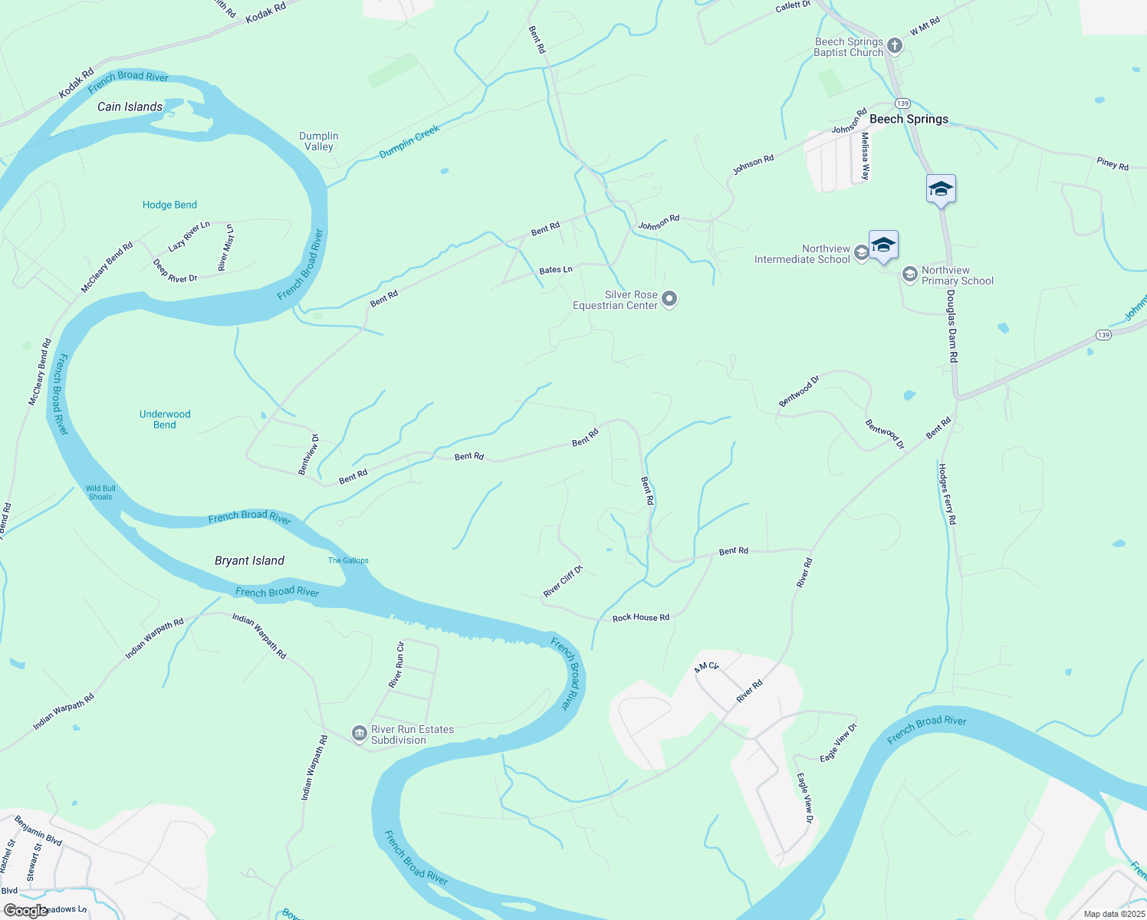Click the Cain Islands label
pyautogui.click(x=130, y=107)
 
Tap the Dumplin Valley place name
pyautogui.click(x=319, y=141)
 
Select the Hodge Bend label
pyautogui.click(x=169, y=205)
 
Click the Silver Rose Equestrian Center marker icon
pyautogui.click(x=669, y=299)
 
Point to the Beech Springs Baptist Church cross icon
pyautogui.click(x=894, y=46)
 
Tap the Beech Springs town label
pyautogui.click(x=909, y=119)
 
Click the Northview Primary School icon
pyautogui.click(x=909, y=274)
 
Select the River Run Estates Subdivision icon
pyautogui.click(x=360, y=734)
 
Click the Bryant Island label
pyautogui.click(x=249, y=560)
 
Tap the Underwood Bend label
pyautogui.click(x=165, y=419)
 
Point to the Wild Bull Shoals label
pyautogui.click(x=100, y=492)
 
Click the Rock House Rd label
pyautogui.click(x=640, y=617)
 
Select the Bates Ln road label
pyautogui.click(x=555, y=270)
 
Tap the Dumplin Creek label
pyautogui.click(x=409, y=143)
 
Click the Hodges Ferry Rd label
pyautogui.click(x=948, y=494)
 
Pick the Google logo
pyautogui.click(x=25, y=910)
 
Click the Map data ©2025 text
pyautogui.click(x=1113, y=914)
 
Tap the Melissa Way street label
pyautogui.click(x=865, y=156)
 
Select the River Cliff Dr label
pyautogui.click(x=563, y=581)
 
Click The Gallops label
pyautogui.click(x=348, y=560)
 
